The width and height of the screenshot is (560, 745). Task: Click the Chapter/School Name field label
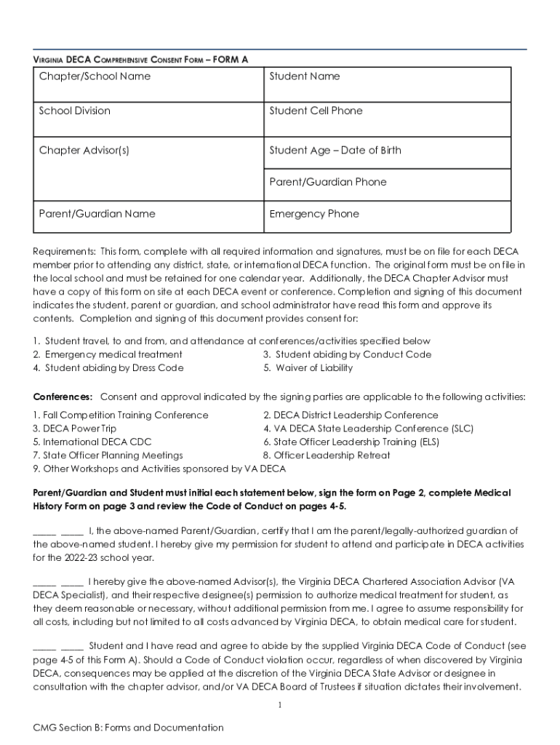pyautogui.click(x=95, y=76)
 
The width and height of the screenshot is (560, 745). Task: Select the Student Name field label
pyautogui.click(x=304, y=76)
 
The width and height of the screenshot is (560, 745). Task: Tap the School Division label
pyautogui.click(x=75, y=111)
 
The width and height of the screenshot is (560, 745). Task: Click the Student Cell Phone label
pyautogui.click(x=316, y=111)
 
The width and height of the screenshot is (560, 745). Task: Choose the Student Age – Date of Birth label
pyautogui.click(x=335, y=151)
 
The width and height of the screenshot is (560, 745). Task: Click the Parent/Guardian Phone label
pyautogui.click(x=327, y=182)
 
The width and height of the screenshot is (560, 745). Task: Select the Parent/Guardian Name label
pyautogui.click(x=97, y=214)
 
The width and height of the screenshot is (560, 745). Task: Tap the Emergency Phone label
pyautogui.click(x=314, y=214)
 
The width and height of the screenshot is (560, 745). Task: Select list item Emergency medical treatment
pyautogui.click(x=113, y=354)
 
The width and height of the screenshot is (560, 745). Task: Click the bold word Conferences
pyautogui.click(x=63, y=397)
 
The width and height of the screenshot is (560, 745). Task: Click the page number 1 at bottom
pyautogui.click(x=280, y=705)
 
